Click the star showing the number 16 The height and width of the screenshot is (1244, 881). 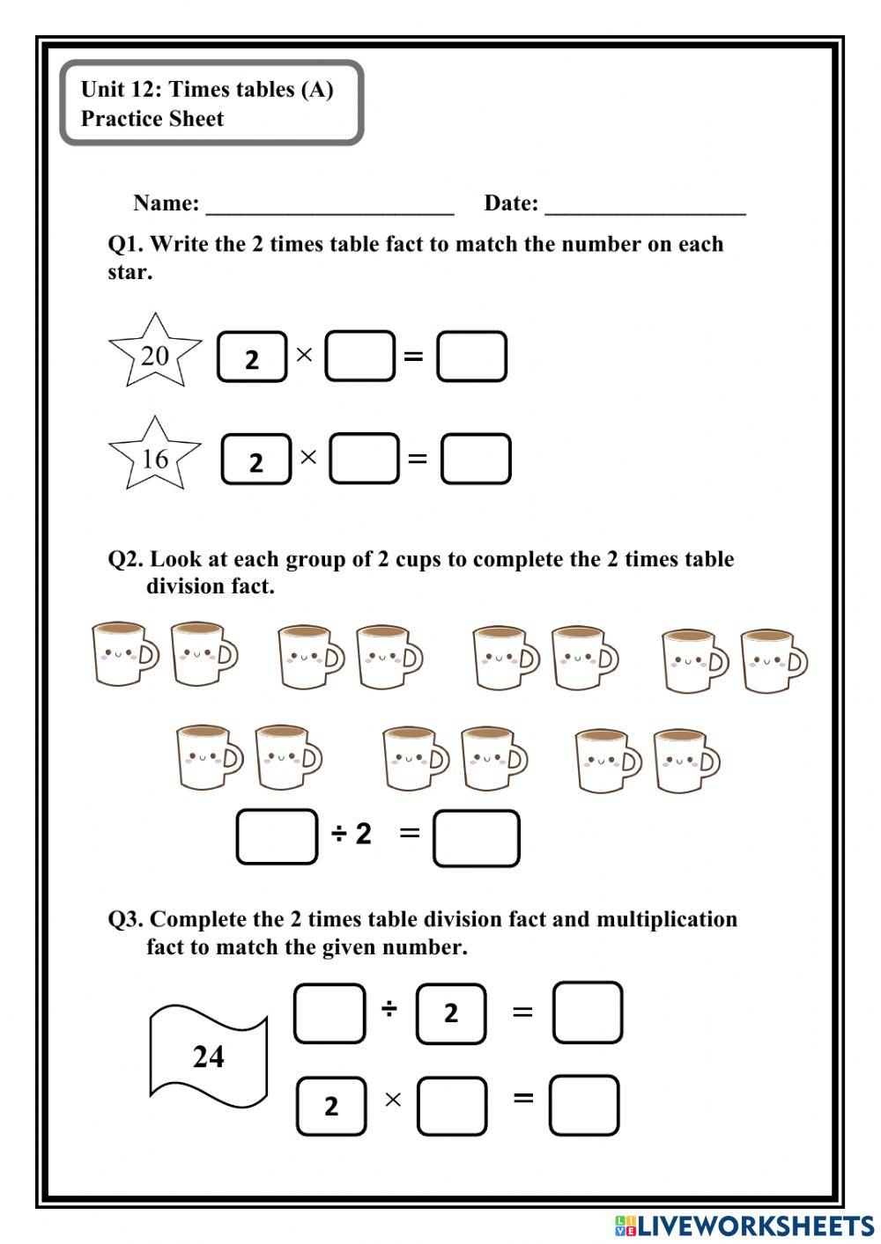click(x=155, y=456)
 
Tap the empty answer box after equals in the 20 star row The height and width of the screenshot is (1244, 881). click(x=471, y=357)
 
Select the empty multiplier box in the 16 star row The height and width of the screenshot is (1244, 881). click(x=364, y=459)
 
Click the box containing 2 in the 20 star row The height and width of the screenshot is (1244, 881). click(x=252, y=357)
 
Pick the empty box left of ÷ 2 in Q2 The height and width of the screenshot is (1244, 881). click(x=277, y=836)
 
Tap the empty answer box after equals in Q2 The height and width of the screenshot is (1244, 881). click(x=477, y=838)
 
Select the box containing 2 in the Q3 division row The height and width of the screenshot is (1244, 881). click(x=450, y=1014)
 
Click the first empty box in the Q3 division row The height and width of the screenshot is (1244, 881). click(x=329, y=1014)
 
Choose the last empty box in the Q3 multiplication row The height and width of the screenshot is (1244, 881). click(x=584, y=1105)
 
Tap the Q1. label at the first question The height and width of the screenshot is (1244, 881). click(x=125, y=244)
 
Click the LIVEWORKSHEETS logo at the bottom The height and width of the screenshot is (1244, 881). click(x=744, y=1225)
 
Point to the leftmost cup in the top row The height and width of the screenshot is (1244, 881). click(x=124, y=654)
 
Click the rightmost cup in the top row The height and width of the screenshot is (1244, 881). click(x=773, y=660)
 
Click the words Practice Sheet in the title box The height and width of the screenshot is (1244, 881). click(x=152, y=119)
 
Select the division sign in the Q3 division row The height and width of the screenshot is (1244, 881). click(x=389, y=1009)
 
